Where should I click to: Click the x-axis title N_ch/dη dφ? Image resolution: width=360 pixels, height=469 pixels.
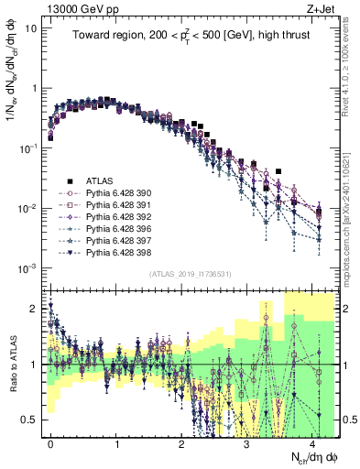coord(313,457)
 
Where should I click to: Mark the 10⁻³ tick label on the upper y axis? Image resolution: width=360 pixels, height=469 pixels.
coord(27,267)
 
